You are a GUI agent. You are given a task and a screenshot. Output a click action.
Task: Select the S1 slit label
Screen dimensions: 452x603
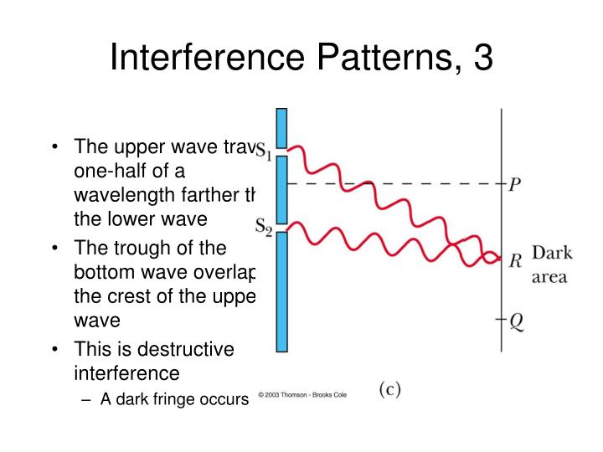pos(264,152)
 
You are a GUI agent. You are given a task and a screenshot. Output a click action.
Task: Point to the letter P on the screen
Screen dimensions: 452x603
pos(516,185)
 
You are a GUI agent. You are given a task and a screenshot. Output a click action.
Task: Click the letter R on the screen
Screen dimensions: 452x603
pos(516,260)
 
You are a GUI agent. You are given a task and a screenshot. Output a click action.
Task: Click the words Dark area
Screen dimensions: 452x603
pos(550,264)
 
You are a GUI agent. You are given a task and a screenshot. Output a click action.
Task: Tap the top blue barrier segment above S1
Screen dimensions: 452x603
pos(281,126)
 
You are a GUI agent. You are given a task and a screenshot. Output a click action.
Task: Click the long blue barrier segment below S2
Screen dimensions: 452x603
pos(281,292)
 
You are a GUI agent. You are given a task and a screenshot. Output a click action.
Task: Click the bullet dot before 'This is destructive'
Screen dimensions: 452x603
pos(54,349)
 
